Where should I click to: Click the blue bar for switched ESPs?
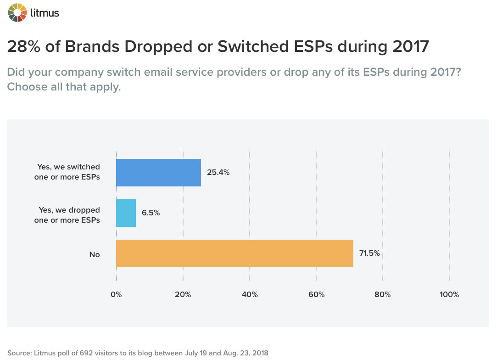[158, 173]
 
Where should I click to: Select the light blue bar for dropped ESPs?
[126, 213]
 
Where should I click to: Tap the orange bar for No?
[235, 253]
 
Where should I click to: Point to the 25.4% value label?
[218, 173]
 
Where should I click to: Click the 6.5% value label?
[151, 213]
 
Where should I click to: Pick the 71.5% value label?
[370, 253]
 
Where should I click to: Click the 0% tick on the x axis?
[117, 295]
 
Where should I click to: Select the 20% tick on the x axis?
[183, 295]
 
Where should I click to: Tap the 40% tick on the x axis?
[250, 295]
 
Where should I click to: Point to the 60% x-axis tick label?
[316, 295]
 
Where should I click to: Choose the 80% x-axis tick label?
[382, 295]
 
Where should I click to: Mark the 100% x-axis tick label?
[449, 295]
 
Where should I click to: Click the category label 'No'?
[95, 254]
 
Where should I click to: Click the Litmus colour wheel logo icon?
[17, 12]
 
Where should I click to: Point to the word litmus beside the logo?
[45, 13]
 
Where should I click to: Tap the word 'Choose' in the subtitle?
[27, 87]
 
